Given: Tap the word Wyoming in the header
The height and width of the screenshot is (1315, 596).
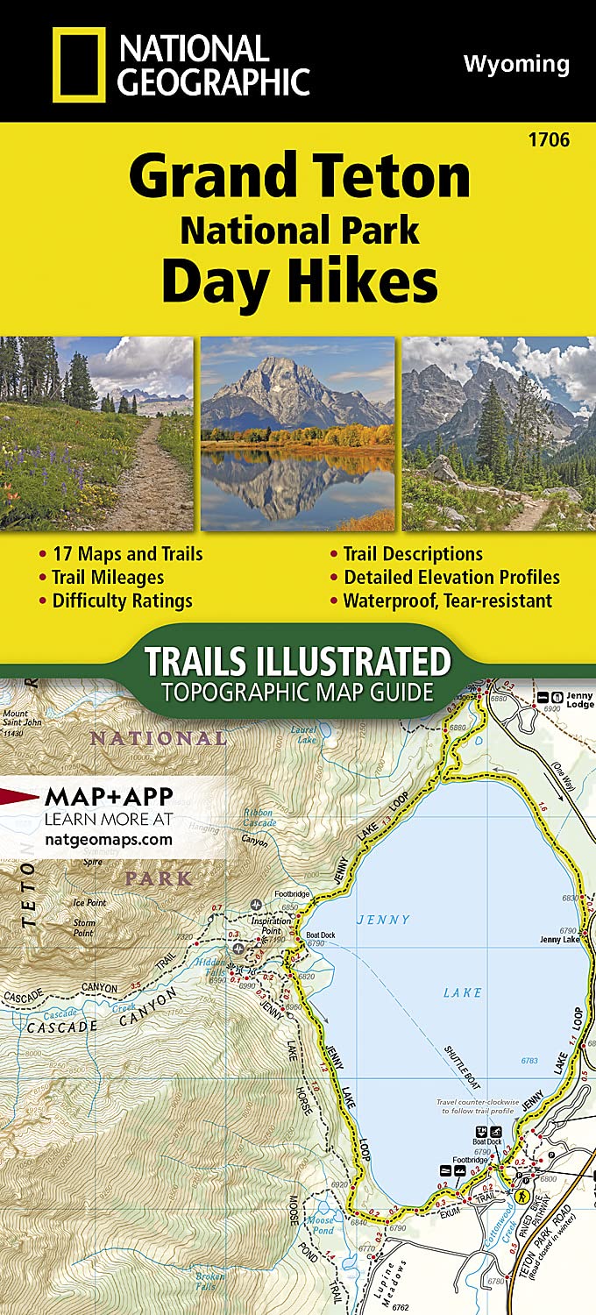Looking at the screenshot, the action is tap(515, 64).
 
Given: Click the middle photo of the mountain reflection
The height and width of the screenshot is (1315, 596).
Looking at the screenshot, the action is tap(298, 433).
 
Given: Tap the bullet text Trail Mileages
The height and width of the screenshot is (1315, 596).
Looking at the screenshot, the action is tap(108, 577).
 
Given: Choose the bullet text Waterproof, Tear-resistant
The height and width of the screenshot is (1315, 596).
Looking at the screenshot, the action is tap(448, 601).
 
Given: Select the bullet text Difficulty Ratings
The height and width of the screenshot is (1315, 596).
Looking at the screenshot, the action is tap(122, 601).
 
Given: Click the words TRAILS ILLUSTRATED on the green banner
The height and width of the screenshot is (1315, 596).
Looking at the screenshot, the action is tap(297, 660).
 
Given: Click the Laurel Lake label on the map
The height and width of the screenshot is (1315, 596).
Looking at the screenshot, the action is tap(305, 733).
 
